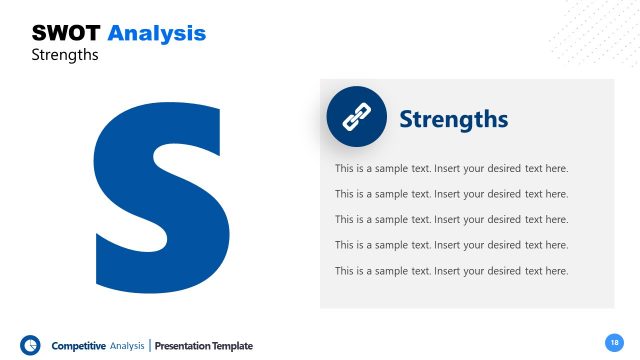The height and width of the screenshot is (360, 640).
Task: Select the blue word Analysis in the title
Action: [x=156, y=33]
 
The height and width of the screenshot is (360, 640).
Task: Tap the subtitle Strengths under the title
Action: [x=65, y=55]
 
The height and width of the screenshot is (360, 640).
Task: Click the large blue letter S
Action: [x=159, y=184]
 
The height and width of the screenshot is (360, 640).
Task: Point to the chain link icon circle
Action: [x=356, y=117]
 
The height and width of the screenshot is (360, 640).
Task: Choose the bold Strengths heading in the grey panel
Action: [x=453, y=120]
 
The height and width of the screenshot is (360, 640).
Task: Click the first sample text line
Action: [x=451, y=168]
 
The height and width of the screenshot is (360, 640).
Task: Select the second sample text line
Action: [x=451, y=194]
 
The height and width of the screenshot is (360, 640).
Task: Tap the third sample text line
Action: [x=451, y=219]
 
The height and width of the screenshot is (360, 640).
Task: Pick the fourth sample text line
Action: [x=451, y=245]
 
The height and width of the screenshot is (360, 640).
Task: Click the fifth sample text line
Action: [x=451, y=271]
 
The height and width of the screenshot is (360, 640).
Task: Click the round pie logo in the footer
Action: [x=30, y=345]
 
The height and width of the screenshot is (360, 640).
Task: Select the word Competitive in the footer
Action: [x=78, y=346]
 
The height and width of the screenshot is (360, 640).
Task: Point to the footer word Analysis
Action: [x=127, y=346]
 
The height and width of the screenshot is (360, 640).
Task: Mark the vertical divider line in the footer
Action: [x=150, y=346]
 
